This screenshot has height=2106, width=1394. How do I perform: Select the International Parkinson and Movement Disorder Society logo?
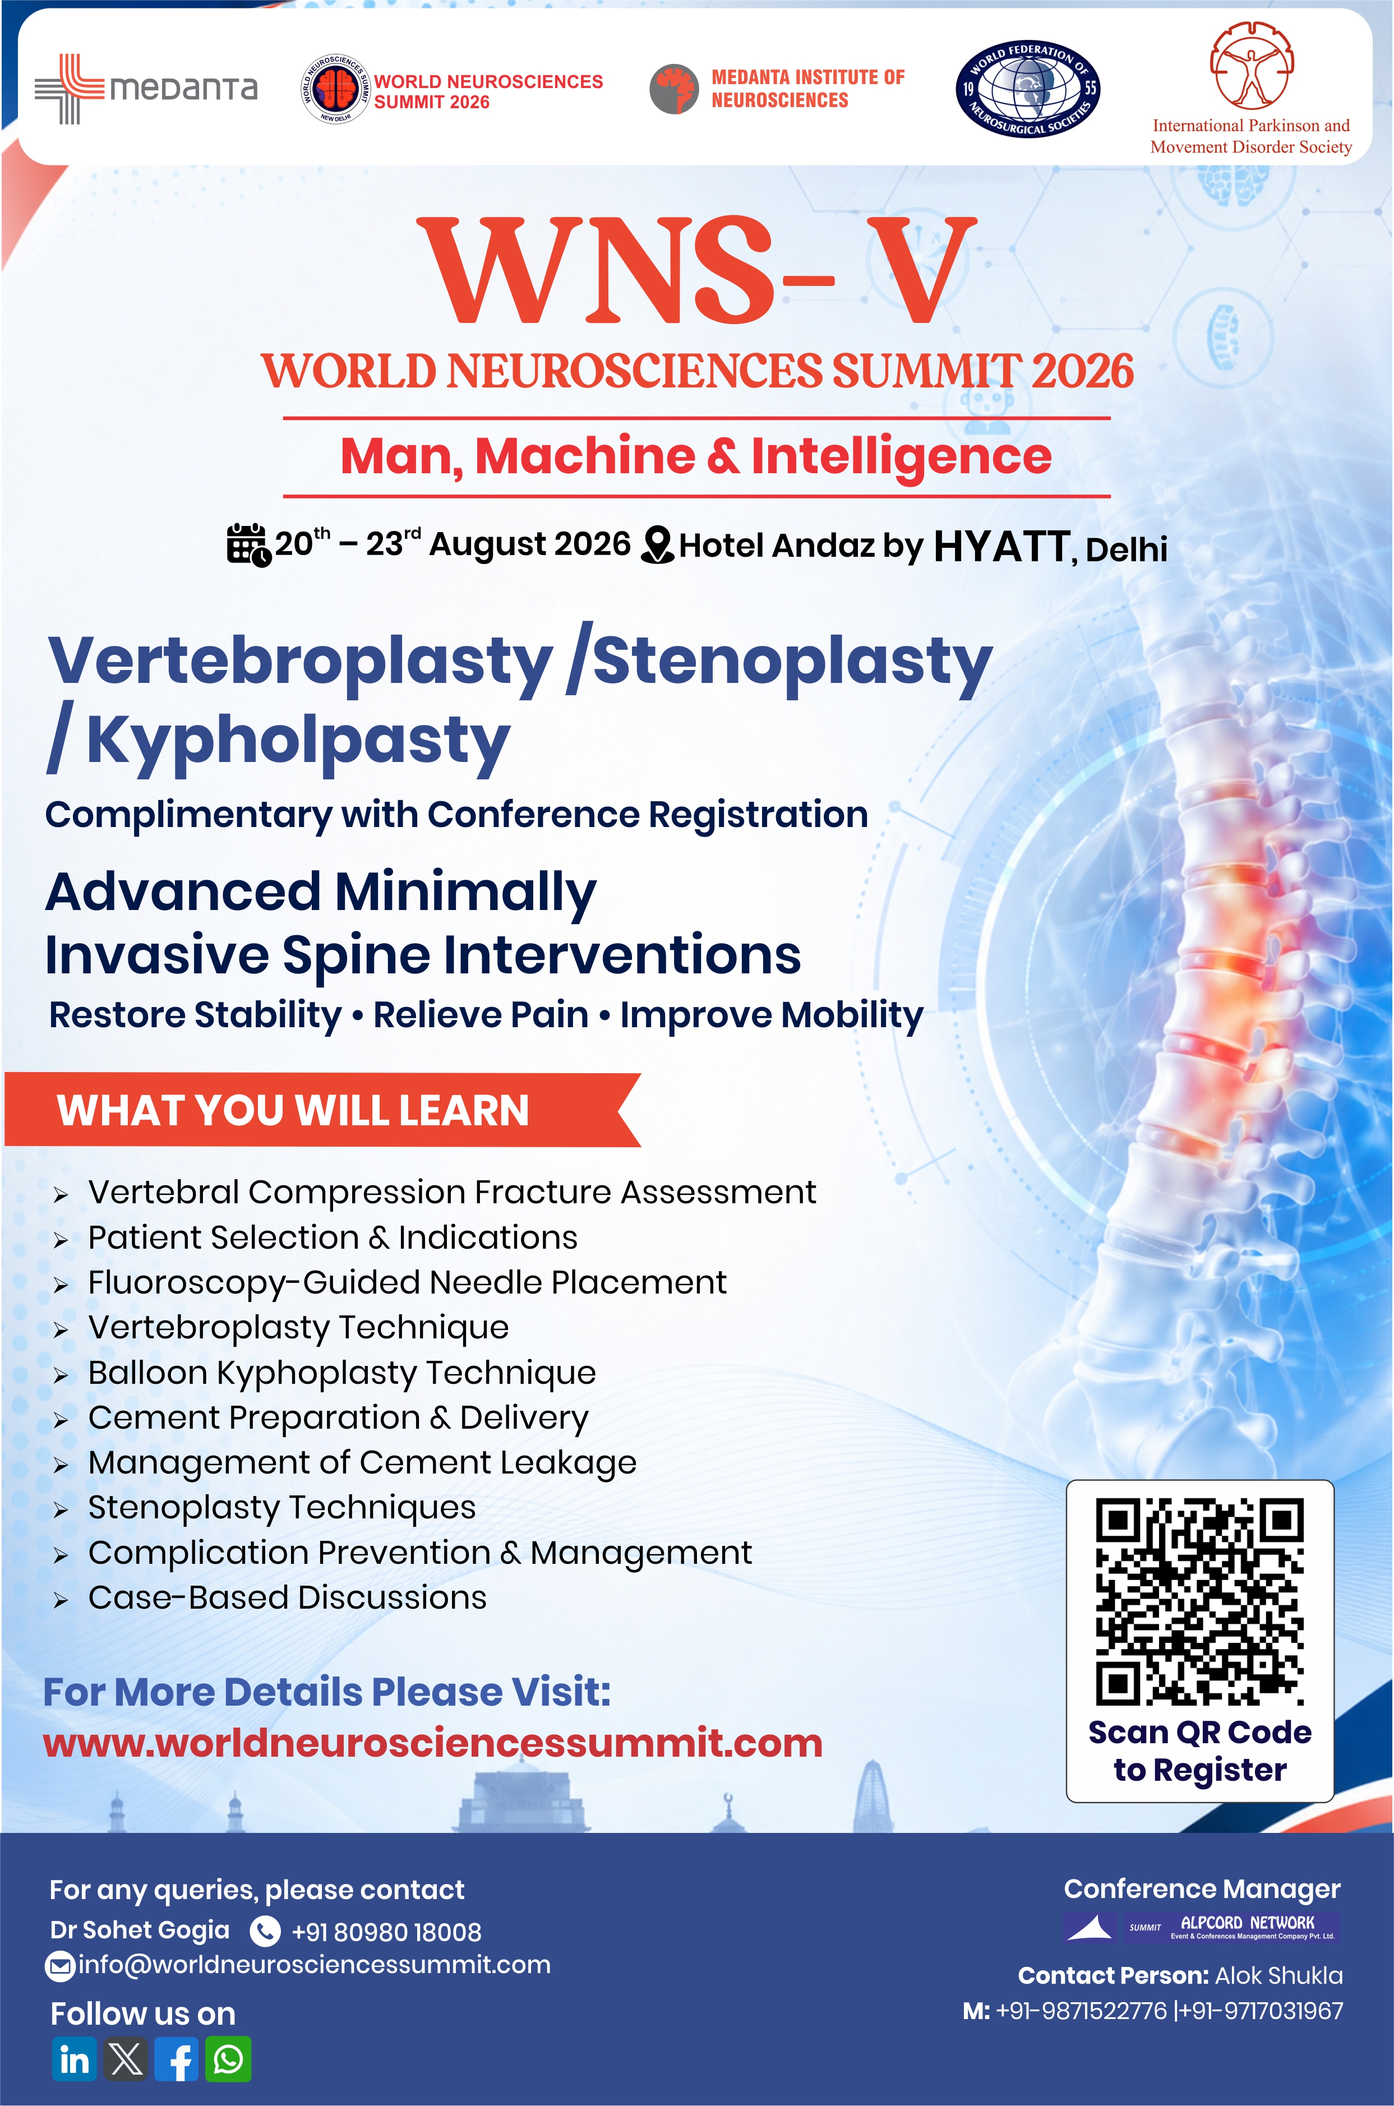[1251, 89]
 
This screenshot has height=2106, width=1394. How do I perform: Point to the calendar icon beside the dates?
[248, 544]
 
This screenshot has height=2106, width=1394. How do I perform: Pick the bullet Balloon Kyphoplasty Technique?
[341, 1373]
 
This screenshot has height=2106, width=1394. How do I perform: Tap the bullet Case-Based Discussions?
[287, 1597]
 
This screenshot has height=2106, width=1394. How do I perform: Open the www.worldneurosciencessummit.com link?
[433, 1743]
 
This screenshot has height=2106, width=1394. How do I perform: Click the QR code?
[1199, 1601]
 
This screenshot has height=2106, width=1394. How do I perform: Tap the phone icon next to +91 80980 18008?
[265, 1931]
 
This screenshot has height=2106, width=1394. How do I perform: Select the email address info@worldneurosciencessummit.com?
[315, 1965]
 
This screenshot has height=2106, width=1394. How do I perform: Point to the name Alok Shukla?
[1278, 1975]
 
